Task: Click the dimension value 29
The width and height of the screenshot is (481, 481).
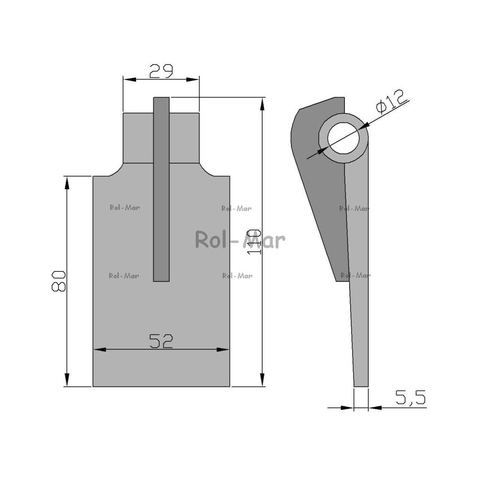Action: [x=161, y=71]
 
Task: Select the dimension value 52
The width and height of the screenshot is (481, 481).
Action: [x=161, y=341]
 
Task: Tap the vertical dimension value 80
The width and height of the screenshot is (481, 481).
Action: [x=58, y=281]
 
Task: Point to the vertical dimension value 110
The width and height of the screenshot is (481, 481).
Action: [x=254, y=242]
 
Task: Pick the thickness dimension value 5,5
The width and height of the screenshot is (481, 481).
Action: [x=410, y=398]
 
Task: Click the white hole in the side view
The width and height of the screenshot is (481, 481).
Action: [x=343, y=138]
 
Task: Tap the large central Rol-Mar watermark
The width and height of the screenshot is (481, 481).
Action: [x=240, y=240]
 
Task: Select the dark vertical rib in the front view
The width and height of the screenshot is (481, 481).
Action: [x=161, y=189]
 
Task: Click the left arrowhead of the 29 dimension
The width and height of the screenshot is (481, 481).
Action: [x=129, y=79]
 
